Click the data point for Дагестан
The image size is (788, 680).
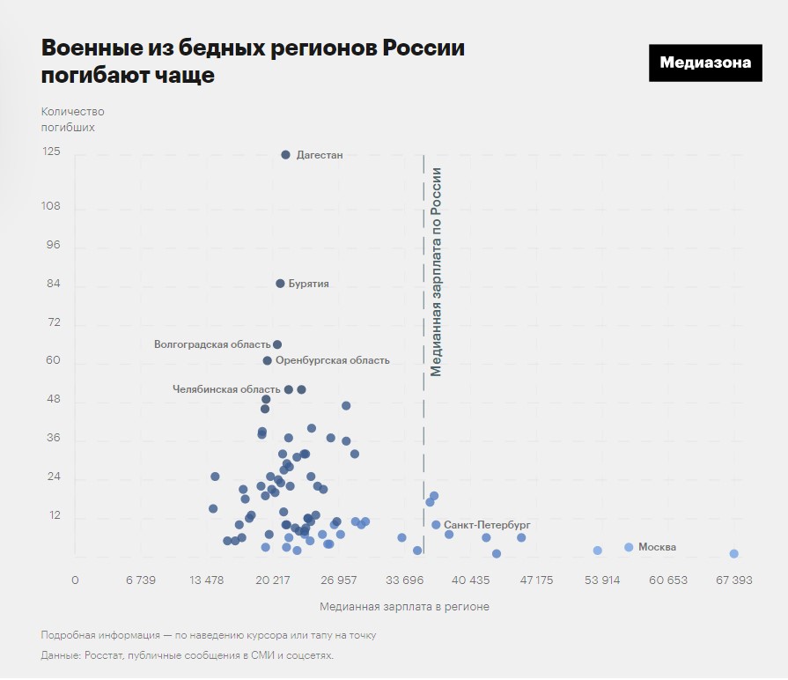tap(285, 155)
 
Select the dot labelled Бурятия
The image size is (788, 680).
tap(280, 284)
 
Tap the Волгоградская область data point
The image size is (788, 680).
tap(277, 344)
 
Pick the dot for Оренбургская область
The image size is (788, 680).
tap(268, 360)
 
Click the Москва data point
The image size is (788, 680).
tap(629, 547)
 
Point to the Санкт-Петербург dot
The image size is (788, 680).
tap(436, 525)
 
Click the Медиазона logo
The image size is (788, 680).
tap(705, 63)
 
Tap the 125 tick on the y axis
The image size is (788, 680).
tap(51, 152)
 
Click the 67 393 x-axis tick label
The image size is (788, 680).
tap(733, 580)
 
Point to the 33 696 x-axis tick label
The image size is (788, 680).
tap(405, 580)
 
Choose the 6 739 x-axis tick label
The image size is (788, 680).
tap(141, 580)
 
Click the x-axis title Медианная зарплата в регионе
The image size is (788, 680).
tap(404, 607)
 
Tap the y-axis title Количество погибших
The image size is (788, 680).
tap(72, 119)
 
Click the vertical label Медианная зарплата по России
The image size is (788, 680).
tap(436, 271)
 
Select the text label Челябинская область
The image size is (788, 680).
tap(226, 388)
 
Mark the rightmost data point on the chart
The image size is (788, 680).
tap(733, 553)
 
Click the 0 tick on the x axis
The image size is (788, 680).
tap(75, 580)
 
